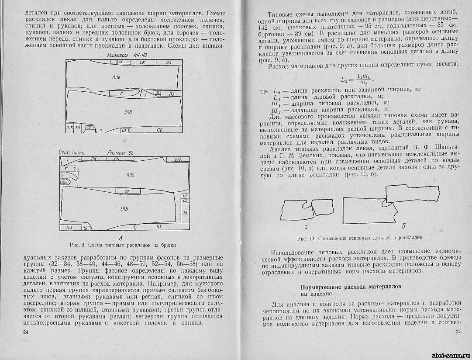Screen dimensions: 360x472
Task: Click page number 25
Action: pyautogui.click(x=458, y=333)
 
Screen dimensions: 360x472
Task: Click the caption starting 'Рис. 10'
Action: pyautogui.click(x=359, y=238)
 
